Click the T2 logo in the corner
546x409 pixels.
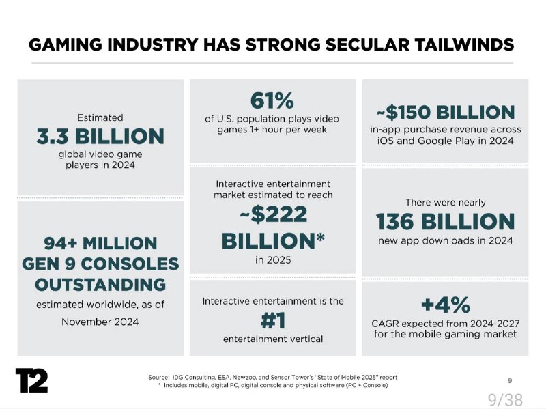[31, 380]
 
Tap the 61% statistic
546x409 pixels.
[272, 100]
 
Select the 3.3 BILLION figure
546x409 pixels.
[100, 136]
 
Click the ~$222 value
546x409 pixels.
[272, 214]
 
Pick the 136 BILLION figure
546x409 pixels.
[444, 221]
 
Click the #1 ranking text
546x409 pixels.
[272, 320]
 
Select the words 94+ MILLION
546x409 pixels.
[100, 243]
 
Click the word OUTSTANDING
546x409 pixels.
[100, 283]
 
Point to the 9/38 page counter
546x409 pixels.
[504, 399]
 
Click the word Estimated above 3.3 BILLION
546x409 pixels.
[100, 117]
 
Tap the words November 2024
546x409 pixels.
[100, 321]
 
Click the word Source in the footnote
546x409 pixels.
[158, 377]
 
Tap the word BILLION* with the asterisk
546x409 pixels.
[272, 240]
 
